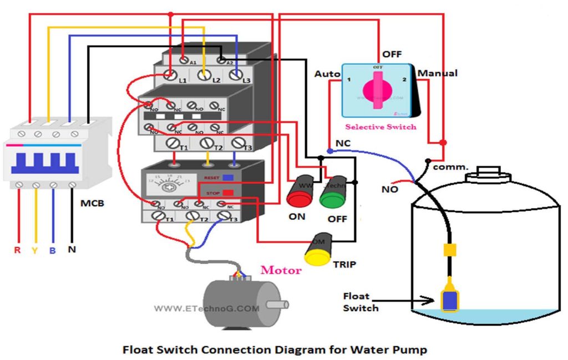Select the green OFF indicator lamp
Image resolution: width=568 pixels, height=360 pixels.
[332, 195]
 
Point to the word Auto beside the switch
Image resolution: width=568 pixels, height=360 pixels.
[327, 74]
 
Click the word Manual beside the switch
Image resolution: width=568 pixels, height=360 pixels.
[438, 73]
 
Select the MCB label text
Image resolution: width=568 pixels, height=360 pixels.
[92, 204]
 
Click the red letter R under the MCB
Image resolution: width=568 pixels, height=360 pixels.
[17, 250]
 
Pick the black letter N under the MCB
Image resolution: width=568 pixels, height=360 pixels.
[72, 250]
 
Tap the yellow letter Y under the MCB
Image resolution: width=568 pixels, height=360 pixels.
[34, 250]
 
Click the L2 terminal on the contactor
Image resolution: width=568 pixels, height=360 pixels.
[205, 74]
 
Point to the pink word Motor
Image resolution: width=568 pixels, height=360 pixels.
[281, 270]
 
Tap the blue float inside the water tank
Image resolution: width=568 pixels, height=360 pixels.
[448, 299]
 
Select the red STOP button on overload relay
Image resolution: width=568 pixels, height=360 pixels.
[227, 192]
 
